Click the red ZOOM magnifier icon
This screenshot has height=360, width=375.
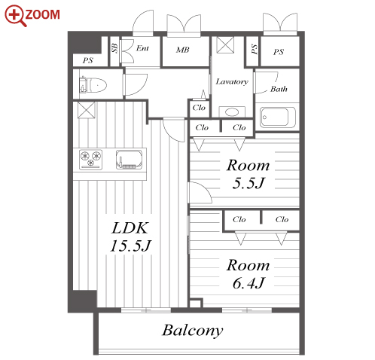pos(15,16)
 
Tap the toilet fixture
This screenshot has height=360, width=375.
pos(93,84)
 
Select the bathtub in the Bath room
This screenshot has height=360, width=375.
pos(277,117)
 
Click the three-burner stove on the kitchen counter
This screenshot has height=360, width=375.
pos(90,160)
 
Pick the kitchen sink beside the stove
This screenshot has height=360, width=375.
pos(129,160)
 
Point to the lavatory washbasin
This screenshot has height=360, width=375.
pos(232,111)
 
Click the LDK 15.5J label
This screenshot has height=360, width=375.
pos(130,236)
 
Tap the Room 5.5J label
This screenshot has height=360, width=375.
pos(248,174)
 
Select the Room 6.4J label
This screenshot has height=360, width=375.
pos(248,273)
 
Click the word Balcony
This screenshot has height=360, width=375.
pos(192,331)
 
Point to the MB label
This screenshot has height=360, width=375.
pos(182,50)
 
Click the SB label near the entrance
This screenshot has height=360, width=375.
pos(114,48)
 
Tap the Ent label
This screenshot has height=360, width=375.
pos(142,48)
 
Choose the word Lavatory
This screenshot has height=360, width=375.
pos(232,81)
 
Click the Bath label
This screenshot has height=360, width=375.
pos(279,89)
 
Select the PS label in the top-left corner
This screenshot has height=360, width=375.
pos(88,60)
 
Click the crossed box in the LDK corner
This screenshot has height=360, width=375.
pos(87,110)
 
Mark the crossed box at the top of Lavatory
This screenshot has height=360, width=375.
pos(225,45)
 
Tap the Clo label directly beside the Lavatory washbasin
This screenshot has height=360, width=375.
pos(199,108)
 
